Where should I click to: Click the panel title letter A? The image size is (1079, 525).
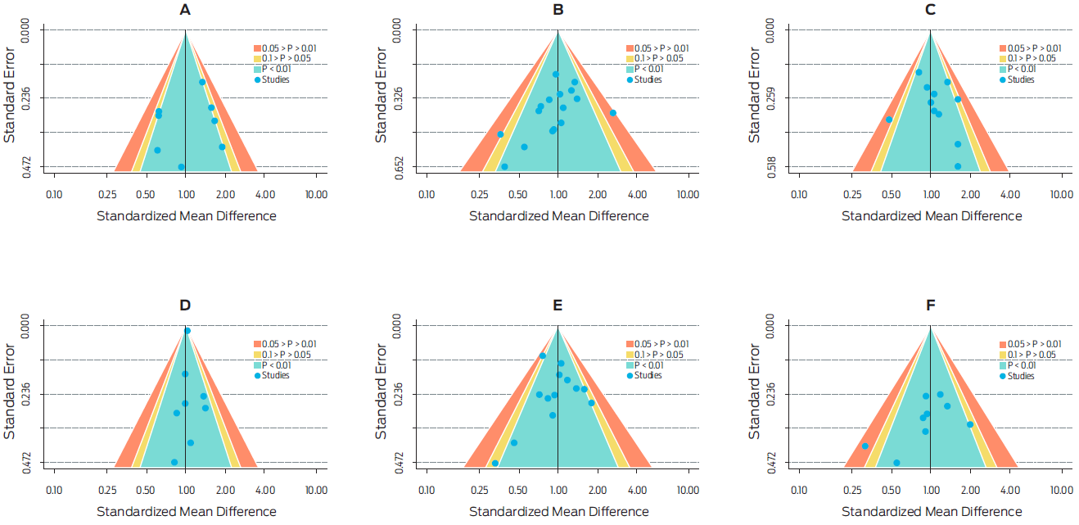186,11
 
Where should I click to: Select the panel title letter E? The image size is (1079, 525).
558,305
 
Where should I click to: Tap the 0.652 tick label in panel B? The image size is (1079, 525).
399,167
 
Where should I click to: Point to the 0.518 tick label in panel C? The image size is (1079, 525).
771,167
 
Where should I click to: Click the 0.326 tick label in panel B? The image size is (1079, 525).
399,98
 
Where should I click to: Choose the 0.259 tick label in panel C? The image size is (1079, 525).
771,98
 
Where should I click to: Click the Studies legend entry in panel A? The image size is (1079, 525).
275,79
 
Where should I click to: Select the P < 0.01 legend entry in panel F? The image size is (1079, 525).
1019,365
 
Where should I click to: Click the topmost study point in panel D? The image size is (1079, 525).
187,331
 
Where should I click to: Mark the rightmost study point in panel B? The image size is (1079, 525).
612,112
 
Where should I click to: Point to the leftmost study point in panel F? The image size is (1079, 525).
865,446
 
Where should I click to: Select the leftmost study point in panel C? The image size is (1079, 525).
889,120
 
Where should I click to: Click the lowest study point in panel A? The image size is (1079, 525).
181,167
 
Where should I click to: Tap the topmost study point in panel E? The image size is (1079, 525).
543,355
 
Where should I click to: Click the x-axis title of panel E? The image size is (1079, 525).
558,512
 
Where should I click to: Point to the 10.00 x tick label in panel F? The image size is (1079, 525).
1061,490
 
